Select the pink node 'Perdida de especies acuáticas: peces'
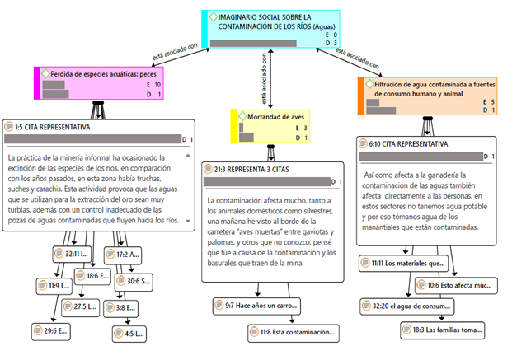click(98, 73)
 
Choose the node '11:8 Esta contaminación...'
click(293, 333)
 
